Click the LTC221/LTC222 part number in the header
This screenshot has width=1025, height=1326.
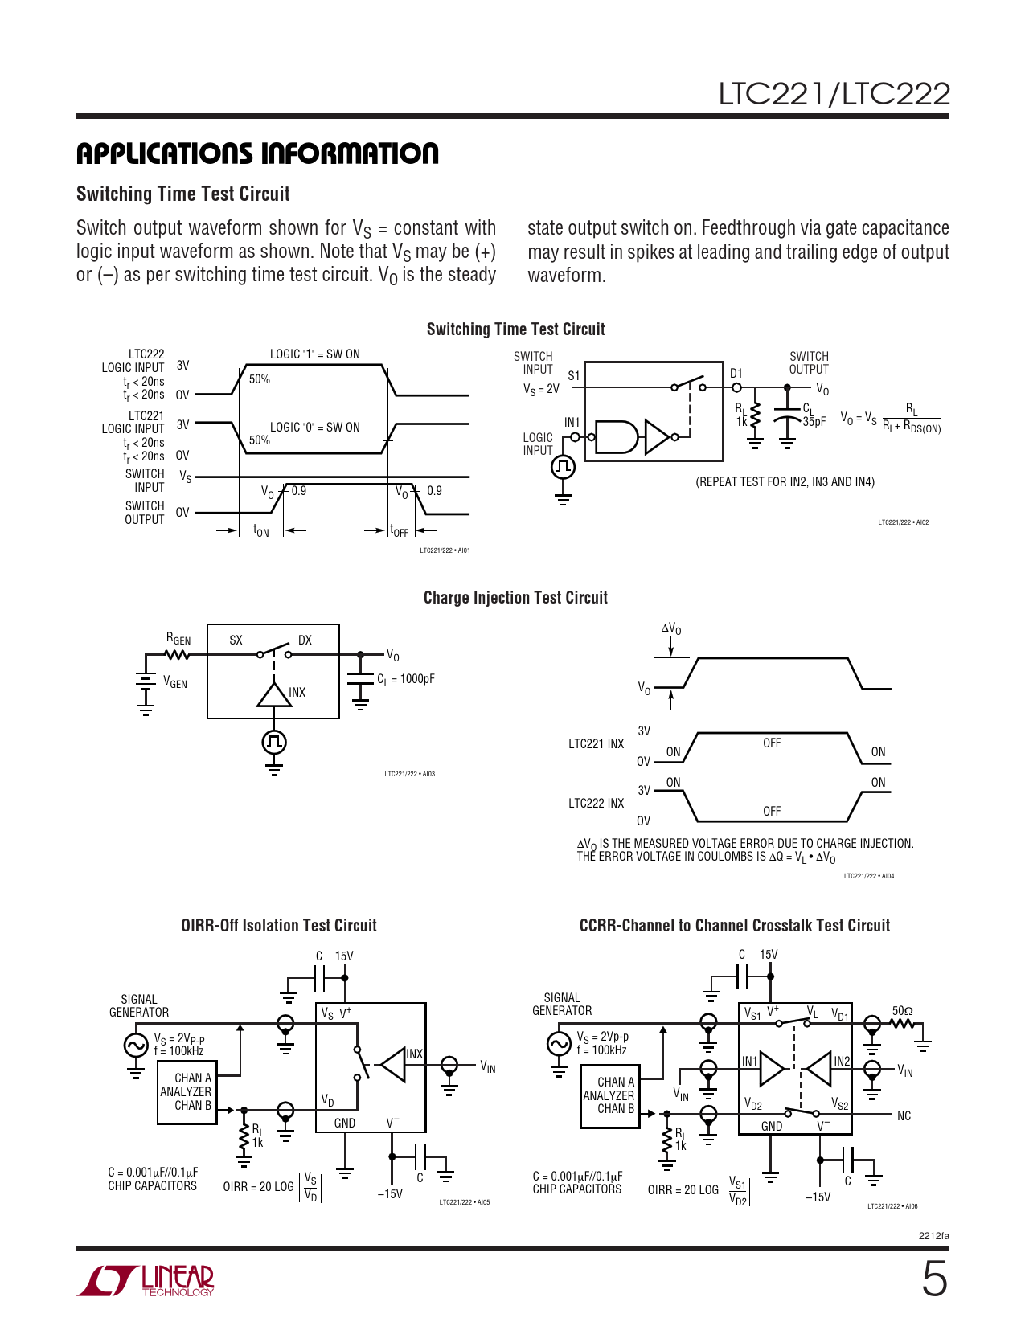tap(834, 95)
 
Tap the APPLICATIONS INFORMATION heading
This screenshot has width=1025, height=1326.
tap(257, 153)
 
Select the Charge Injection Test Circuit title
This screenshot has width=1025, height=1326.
tap(515, 598)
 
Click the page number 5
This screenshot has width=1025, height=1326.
tap(933, 1279)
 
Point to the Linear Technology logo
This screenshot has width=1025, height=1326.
tap(146, 1280)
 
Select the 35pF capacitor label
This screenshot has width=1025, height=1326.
tap(814, 422)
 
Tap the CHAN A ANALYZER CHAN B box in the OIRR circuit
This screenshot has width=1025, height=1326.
tap(186, 1092)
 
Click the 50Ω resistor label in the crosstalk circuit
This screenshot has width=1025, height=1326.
tap(902, 1011)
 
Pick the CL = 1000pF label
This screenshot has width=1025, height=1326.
tap(406, 679)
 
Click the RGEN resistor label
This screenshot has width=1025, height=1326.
tap(178, 639)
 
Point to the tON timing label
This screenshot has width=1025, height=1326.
tap(261, 530)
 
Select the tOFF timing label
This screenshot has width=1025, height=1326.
tap(399, 530)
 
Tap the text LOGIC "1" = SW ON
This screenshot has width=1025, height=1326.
tap(314, 354)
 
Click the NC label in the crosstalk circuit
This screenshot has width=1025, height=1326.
tap(904, 1116)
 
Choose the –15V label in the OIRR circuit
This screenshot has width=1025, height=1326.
tap(390, 1194)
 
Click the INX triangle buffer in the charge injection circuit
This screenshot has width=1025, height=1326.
tap(274, 694)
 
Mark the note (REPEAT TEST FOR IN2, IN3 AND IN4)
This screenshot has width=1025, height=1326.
tap(785, 482)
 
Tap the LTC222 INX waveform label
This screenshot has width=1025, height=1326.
tap(596, 804)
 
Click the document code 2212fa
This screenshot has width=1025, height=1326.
tap(933, 1236)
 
